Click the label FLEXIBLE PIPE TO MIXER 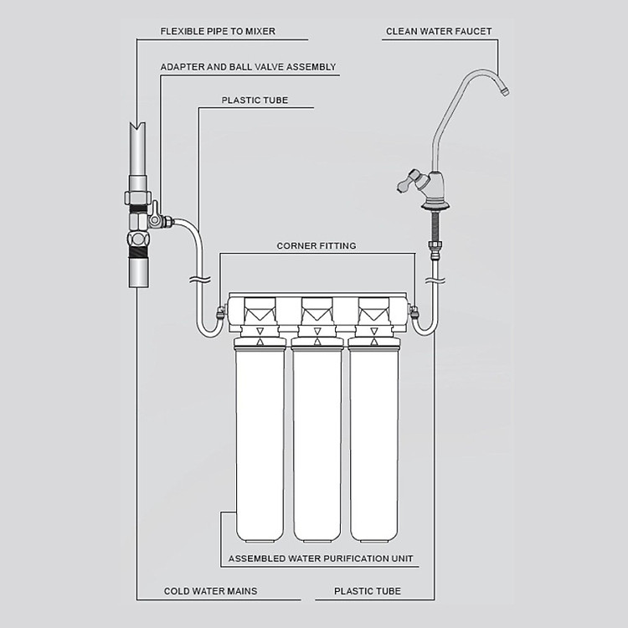(x=218, y=31)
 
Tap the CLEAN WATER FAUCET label (x=439, y=31)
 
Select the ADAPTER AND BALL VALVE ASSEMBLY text (x=248, y=67)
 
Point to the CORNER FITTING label (x=317, y=245)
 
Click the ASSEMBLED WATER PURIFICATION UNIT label (x=321, y=559)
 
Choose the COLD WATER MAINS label (x=210, y=591)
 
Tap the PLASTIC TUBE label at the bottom (x=368, y=591)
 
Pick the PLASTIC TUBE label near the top (x=255, y=100)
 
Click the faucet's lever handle (x=409, y=182)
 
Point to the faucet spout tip (x=505, y=92)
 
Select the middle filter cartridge (x=317, y=440)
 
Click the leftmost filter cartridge (x=260, y=440)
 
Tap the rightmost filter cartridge (x=373, y=440)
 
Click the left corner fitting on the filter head (x=221, y=311)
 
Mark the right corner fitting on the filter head (x=414, y=311)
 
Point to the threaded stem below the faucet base (x=435, y=226)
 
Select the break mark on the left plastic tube (x=200, y=279)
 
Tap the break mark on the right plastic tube (x=435, y=280)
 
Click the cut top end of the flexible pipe (x=137, y=126)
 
